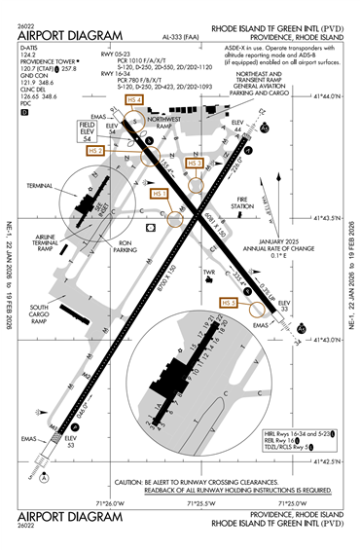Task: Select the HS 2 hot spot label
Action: pyautogui.click(x=94, y=151)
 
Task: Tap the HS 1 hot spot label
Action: pyautogui.click(x=161, y=193)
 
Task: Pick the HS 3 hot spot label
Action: pyautogui.click(x=194, y=163)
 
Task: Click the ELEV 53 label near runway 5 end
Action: pyautogui.click(x=70, y=441)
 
